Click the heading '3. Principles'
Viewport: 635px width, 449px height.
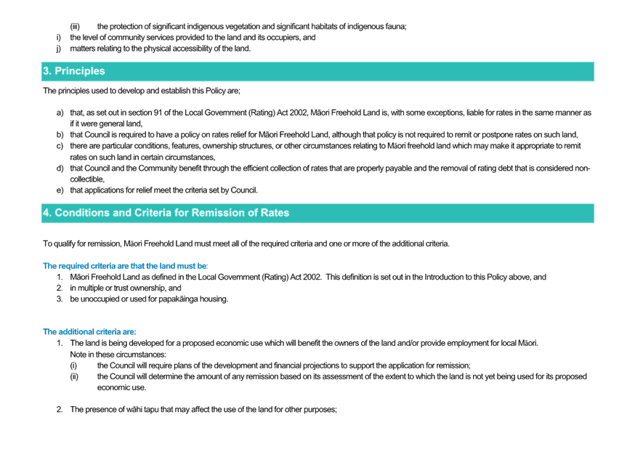coord(73,71)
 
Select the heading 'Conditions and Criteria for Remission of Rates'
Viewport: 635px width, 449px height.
coord(171,213)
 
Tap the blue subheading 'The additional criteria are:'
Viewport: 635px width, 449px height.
coord(89,331)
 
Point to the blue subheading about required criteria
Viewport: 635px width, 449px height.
coord(125,266)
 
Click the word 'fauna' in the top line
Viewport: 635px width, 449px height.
coord(397,26)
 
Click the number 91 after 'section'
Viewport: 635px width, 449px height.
coord(158,113)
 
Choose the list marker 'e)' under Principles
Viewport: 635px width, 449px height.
coord(60,190)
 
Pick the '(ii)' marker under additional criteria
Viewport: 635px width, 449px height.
coord(74,376)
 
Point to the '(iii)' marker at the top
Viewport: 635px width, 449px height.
coord(75,27)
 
